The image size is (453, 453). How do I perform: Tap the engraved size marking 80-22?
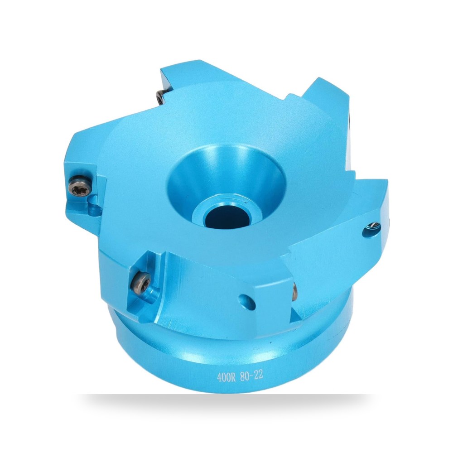(x=251, y=376)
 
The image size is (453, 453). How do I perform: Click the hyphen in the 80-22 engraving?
(x=251, y=376)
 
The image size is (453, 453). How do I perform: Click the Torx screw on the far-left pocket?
(x=80, y=185)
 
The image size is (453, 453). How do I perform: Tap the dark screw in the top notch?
(x=160, y=97)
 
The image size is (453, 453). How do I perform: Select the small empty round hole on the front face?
(x=248, y=302)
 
